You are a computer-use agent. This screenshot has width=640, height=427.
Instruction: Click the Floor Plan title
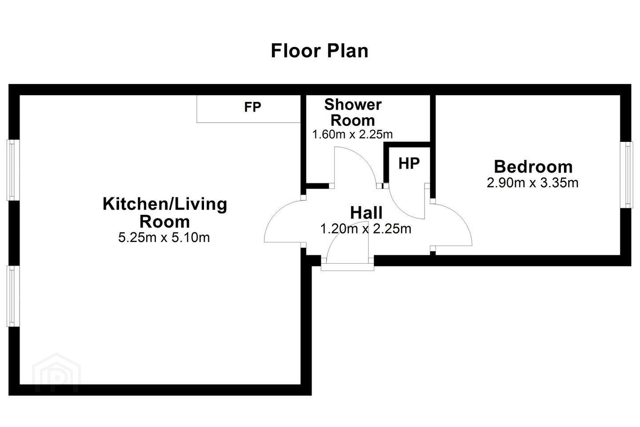tap(320, 51)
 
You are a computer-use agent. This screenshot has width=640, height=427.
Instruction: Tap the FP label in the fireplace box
tap(252, 107)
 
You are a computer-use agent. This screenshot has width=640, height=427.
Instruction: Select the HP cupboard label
tap(409, 163)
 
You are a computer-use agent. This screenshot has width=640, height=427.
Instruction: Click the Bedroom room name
tap(533, 167)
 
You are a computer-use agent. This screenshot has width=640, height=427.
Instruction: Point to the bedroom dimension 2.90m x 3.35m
tap(532, 183)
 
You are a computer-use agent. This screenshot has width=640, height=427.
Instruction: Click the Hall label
tap(366, 213)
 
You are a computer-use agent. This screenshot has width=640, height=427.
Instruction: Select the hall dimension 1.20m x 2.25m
tap(366, 229)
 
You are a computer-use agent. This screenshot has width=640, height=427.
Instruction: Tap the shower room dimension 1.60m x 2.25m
tap(352, 134)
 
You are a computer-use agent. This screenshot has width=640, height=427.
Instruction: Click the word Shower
tap(353, 105)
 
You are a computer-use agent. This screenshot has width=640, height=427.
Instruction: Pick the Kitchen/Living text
tap(165, 205)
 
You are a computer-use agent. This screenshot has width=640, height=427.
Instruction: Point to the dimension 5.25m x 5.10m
tap(164, 238)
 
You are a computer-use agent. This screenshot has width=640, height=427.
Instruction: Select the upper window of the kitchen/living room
tap(13, 170)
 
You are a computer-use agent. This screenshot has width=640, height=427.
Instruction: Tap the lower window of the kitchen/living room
tap(13, 296)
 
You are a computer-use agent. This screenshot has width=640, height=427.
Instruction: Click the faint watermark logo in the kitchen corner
tap(56, 373)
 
